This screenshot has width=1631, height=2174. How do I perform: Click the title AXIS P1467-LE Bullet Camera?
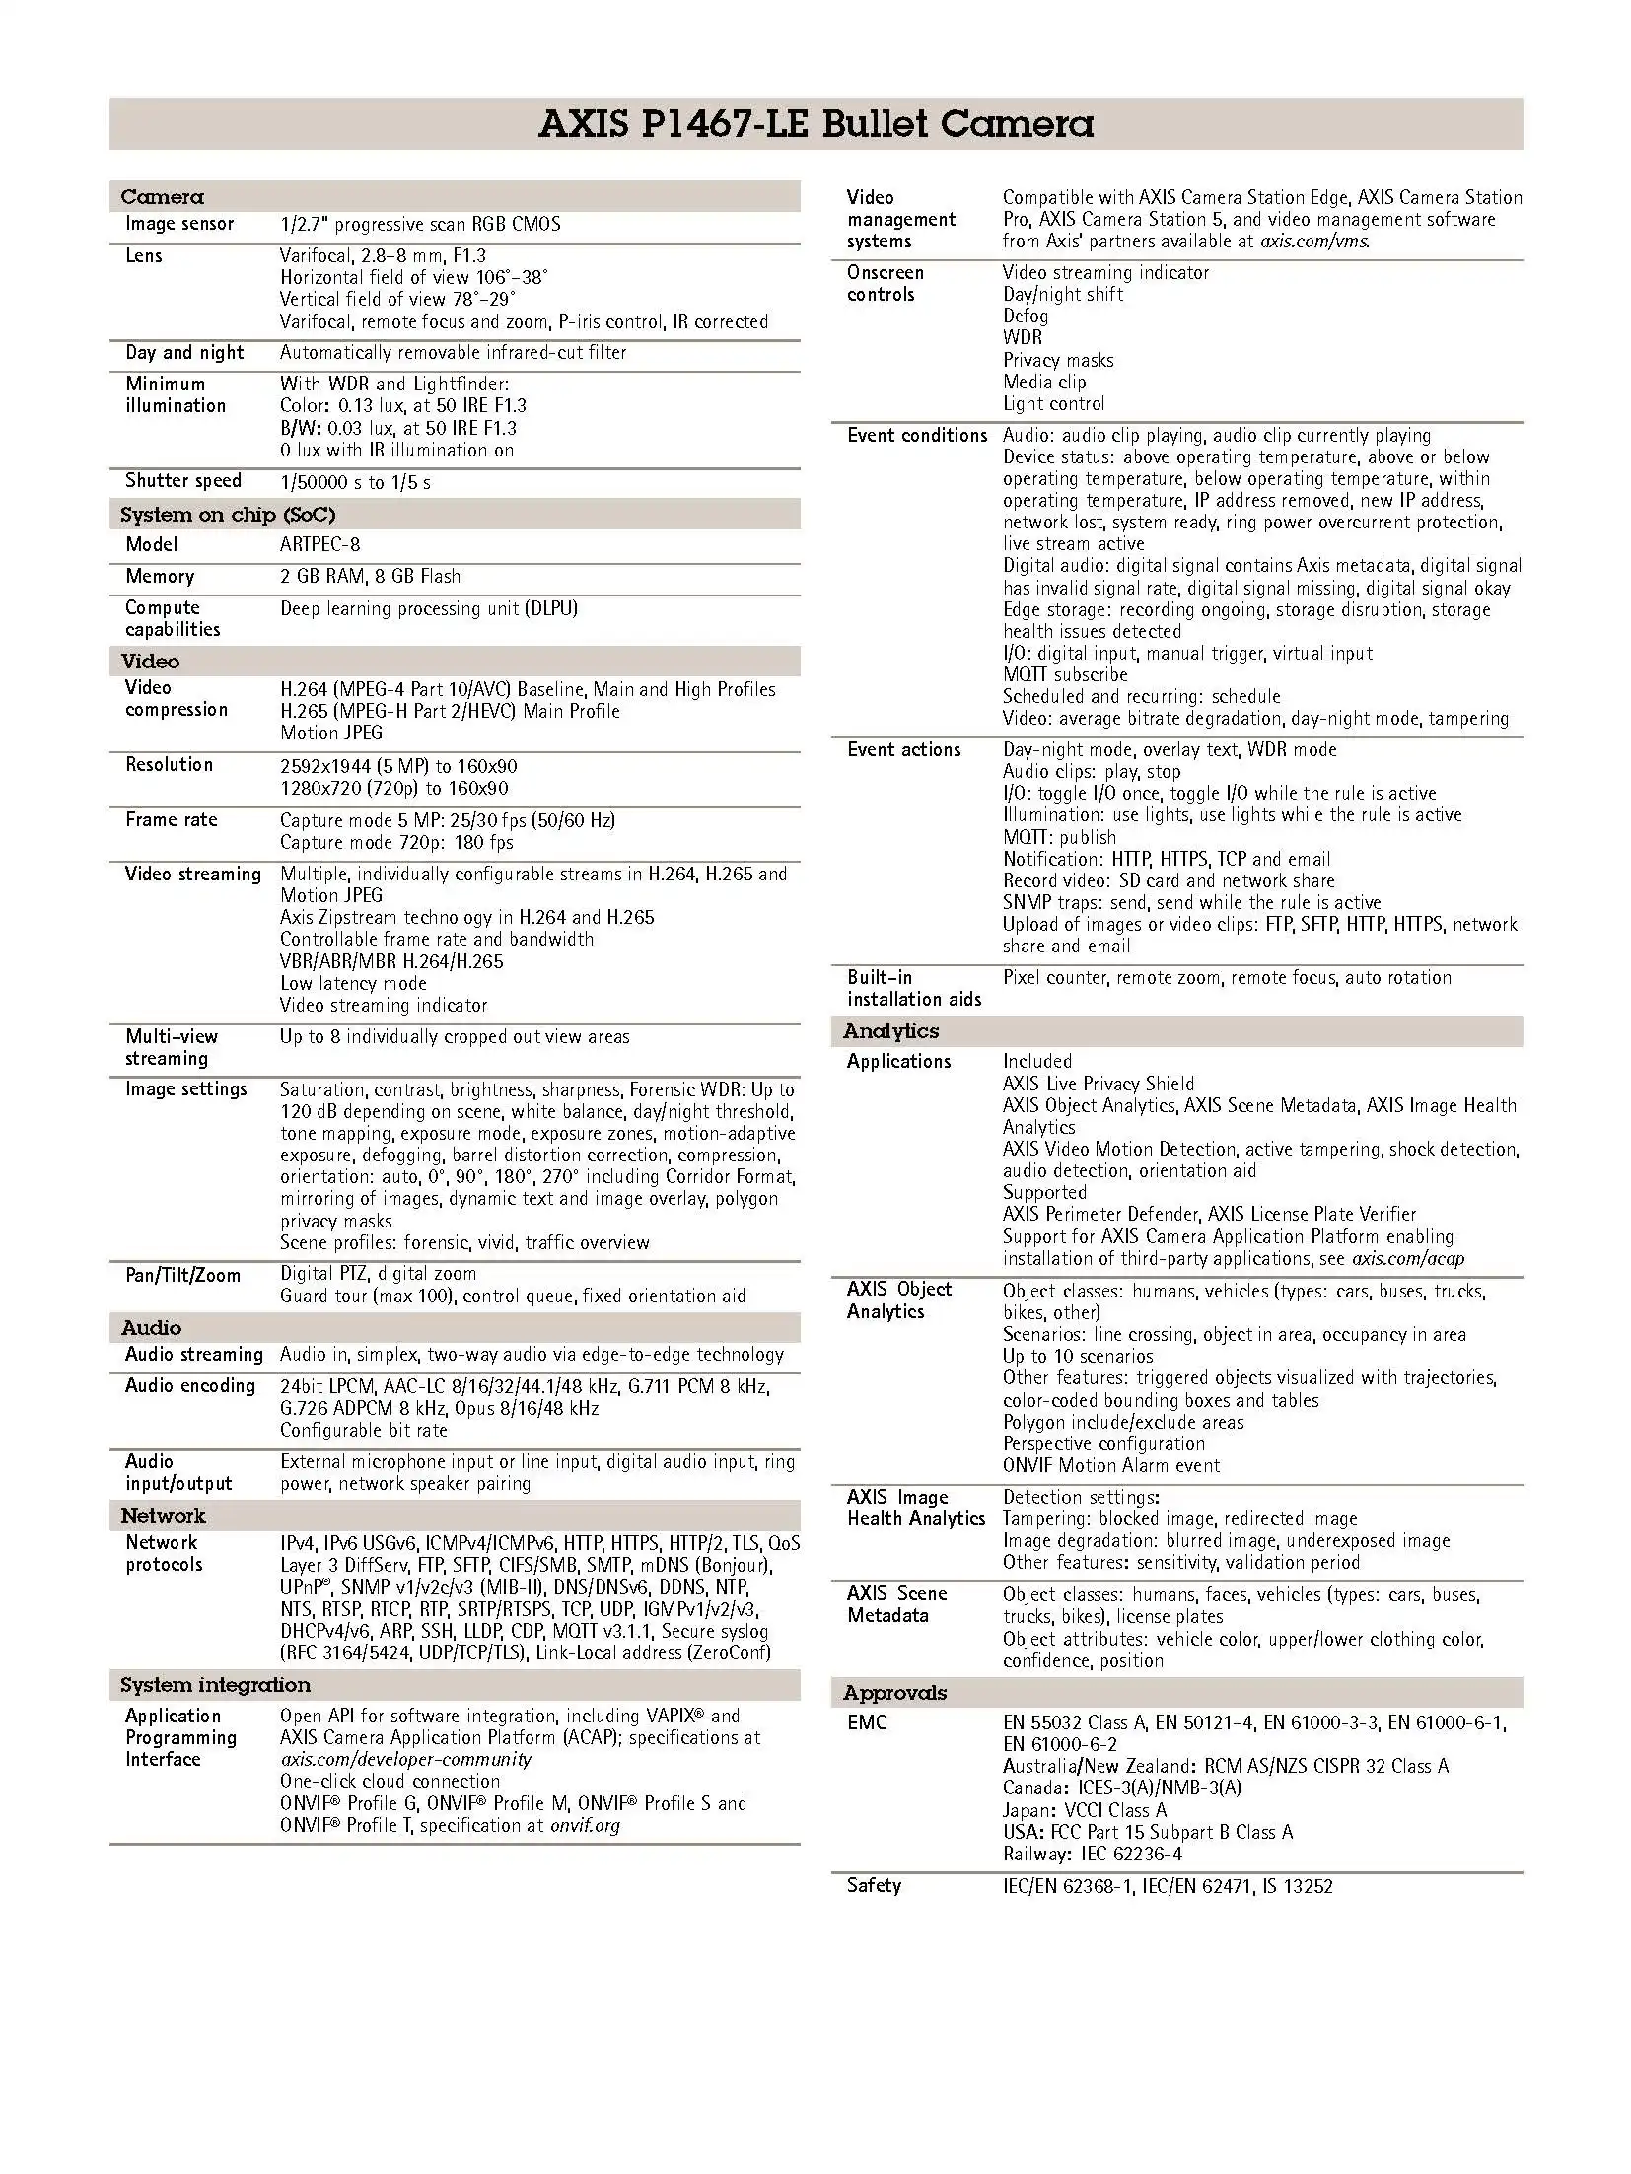tap(815, 124)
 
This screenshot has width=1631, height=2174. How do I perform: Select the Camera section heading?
tap(162, 196)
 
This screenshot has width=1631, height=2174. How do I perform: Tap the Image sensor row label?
tap(179, 224)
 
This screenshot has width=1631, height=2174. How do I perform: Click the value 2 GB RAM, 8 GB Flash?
tap(370, 576)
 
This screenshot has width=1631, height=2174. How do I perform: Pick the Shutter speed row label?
tap(182, 481)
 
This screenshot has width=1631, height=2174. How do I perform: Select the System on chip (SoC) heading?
tap(227, 515)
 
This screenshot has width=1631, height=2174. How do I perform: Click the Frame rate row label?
tap(171, 820)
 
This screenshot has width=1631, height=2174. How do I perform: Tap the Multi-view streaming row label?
tap(171, 1047)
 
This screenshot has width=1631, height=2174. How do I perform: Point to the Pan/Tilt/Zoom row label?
tap(182, 1275)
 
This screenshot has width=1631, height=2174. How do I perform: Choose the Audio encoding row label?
tap(189, 1386)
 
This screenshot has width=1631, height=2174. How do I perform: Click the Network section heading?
tap(163, 1516)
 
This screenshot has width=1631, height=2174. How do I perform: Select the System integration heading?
tap(215, 1685)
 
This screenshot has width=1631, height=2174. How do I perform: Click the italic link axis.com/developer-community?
tap(405, 1759)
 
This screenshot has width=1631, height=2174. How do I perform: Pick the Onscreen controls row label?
tap(885, 284)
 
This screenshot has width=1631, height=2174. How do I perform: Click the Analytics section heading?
tap(890, 1031)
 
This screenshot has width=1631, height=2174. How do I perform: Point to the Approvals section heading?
tap(894, 1693)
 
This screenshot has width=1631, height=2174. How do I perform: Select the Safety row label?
tap(874, 1886)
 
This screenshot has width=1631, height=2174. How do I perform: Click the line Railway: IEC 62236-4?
tap(1092, 1854)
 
